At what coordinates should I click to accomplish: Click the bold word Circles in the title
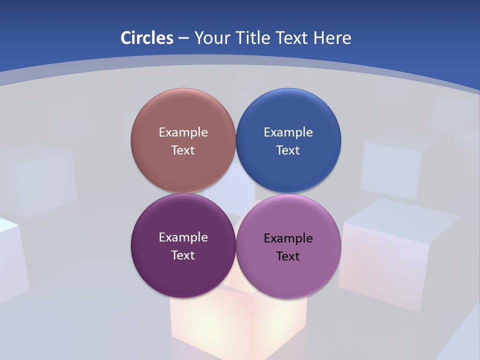click(146, 38)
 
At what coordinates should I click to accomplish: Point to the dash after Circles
click(183, 38)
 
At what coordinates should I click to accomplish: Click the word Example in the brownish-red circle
click(183, 132)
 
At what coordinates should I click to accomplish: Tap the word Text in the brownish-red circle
click(183, 150)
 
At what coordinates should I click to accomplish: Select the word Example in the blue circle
click(288, 132)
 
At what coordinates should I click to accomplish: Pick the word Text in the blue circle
click(288, 150)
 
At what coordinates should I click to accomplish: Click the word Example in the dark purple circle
click(183, 237)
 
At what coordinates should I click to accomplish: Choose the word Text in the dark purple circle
click(183, 255)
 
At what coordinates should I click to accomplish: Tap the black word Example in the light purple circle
click(288, 238)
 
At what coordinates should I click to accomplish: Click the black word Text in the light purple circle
click(288, 256)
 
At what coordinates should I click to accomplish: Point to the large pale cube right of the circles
click(395, 255)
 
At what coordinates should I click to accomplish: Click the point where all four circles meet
click(235, 193)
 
